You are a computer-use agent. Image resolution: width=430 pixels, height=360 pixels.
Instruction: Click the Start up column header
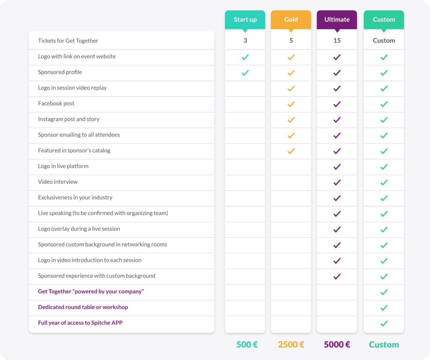pos(245,20)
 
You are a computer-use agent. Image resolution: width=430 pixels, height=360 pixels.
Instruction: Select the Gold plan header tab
pos(291,20)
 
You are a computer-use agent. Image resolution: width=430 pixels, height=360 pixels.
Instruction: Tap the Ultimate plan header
pos(337,20)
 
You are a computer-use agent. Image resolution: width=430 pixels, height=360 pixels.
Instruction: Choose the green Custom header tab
pos(384,20)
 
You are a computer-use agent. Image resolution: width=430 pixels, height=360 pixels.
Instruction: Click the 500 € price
pos(247,344)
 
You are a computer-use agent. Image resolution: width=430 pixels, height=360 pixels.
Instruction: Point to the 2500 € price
pos(291,344)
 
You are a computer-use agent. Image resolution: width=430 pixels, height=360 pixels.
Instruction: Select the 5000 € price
pos(337,344)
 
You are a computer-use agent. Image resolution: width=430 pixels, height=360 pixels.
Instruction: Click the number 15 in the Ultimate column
pos(337,41)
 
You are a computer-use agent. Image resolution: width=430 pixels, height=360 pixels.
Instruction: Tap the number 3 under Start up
pos(245,41)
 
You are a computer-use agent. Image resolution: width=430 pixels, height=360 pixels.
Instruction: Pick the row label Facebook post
pos(56,103)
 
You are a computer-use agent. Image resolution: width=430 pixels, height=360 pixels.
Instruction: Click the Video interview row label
pos(58,182)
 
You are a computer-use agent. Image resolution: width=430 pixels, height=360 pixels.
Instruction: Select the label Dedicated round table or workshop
pos(83,307)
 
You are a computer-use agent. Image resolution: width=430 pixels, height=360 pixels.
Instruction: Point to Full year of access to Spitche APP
pos(80,323)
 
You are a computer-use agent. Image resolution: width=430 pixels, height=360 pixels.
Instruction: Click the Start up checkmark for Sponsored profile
pos(245,73)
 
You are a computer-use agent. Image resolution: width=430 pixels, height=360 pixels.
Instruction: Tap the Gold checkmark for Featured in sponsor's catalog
pos(291,151)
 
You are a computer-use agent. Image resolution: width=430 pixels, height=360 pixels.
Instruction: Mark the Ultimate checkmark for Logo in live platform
pos(337,167)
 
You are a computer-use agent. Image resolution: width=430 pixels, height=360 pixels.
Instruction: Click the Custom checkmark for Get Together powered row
pos(384,292)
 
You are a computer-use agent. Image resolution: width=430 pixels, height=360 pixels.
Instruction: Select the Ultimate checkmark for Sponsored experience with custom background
pos(337,276)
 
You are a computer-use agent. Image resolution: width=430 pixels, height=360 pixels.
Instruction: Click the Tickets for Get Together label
pos(68,41)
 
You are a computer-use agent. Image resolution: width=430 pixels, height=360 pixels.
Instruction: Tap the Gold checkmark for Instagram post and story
pos(291,120)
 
